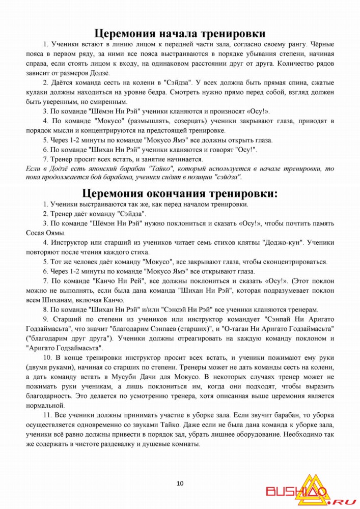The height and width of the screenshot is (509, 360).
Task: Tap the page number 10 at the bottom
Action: tap(180, 484)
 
